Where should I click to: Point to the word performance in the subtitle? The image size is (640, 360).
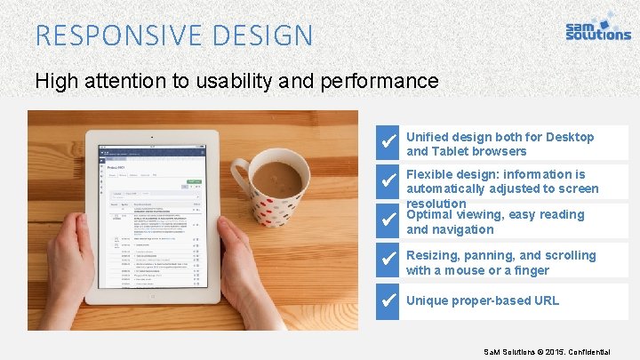click(x=383, y=81)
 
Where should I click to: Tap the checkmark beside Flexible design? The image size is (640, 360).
click(x=388, y=180)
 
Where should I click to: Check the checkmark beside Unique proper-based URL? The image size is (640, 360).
click(x=388, y=300)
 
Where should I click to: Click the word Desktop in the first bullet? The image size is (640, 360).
click(x=569, y=137)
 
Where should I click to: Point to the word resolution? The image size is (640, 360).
click(x=436, y=204)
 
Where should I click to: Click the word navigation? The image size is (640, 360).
click(x=462, y=229)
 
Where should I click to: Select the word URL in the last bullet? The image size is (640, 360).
click(x=545, y=300)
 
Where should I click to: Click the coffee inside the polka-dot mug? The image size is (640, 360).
click(x=276, y=179)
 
